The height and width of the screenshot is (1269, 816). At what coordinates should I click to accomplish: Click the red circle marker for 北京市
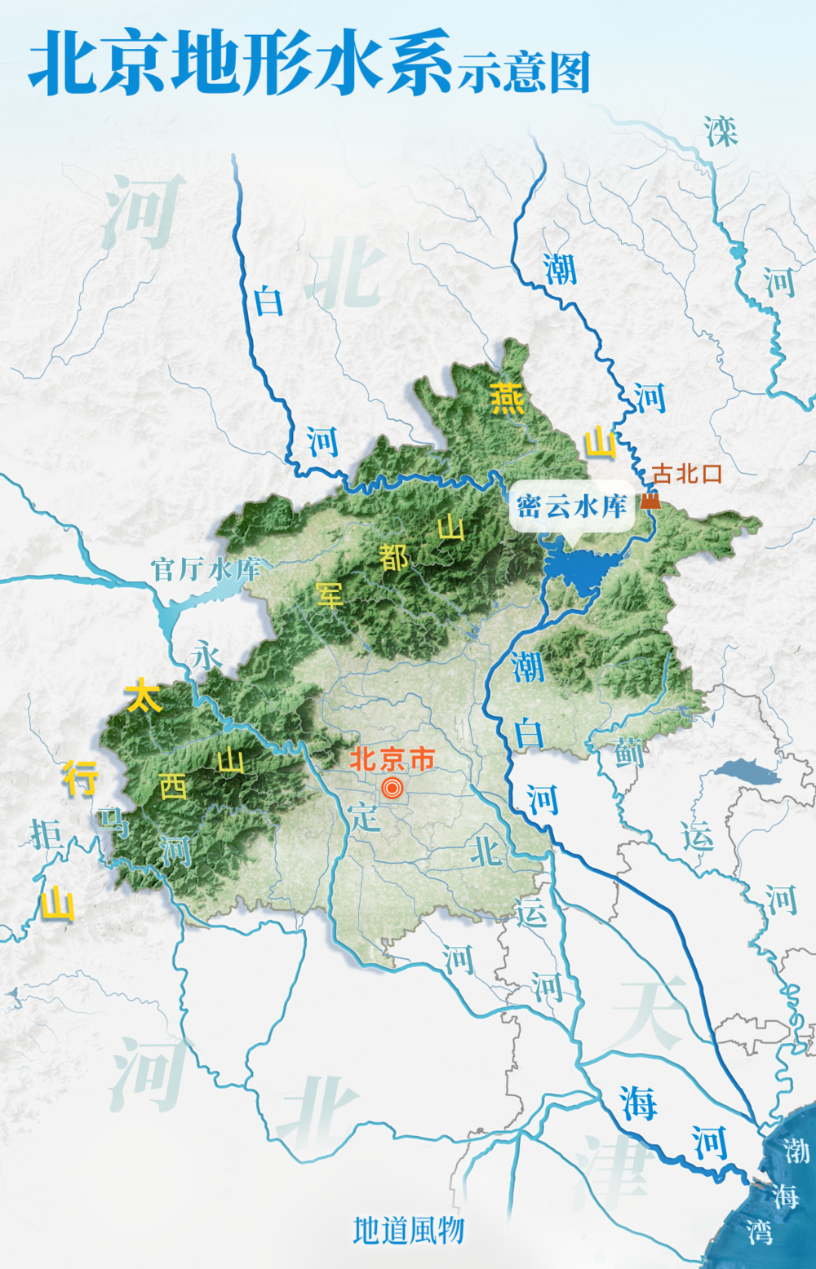point(392,788)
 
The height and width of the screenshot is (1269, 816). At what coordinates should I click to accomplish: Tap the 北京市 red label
point(392,759)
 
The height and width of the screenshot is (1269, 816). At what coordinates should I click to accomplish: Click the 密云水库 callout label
point(571,506)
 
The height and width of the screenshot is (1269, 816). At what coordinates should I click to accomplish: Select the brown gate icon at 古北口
point(650,500)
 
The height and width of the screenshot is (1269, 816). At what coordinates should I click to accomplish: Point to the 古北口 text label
point(687,474)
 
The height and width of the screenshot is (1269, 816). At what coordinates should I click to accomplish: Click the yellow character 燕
point(507,399)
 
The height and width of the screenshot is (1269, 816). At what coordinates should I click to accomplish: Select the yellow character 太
point(143,696)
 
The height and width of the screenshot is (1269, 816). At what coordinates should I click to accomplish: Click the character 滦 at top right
point(721,131)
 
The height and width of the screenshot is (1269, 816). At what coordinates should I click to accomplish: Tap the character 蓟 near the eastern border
point(629,752)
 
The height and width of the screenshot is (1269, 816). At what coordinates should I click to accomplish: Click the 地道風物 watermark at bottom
point(408,1230)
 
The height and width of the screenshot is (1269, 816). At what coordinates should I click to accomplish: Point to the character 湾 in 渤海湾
point(760,1231)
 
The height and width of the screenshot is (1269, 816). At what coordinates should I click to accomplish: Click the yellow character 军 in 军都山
point(330,595)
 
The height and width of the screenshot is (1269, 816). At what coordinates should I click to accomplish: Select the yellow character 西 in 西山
point(173,786)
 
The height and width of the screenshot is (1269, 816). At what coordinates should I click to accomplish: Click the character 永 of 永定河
point(206,655)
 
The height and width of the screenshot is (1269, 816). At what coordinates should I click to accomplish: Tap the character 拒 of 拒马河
point(46,833)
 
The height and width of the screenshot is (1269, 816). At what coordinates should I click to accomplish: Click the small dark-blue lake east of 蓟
point(747,771)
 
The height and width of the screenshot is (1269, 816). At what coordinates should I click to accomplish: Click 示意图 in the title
point(523,73)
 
